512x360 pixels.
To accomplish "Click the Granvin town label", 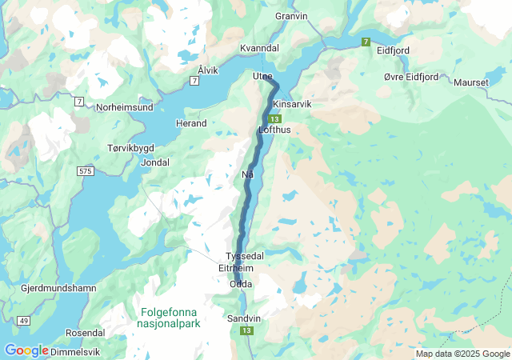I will click(x=291, y=15).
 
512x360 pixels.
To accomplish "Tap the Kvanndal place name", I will click(x=258, y=48).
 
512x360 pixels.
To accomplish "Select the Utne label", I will click(x=262, y=76).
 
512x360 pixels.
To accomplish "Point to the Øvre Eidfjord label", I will click(x=410, y=77).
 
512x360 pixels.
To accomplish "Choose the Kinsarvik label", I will click(x=291, y=105).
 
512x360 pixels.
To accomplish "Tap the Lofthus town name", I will click(x=274, y=129).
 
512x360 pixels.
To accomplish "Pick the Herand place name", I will click(x=191, y=123).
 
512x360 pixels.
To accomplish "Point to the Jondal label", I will click(x=154, y=162).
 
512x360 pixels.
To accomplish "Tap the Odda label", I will click(x=240, y=284).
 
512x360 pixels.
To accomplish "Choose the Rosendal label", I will click(x=86, y=332).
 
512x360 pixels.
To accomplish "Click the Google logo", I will click(x=26, y=350).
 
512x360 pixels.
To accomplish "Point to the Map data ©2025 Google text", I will click(x=462, y=354).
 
